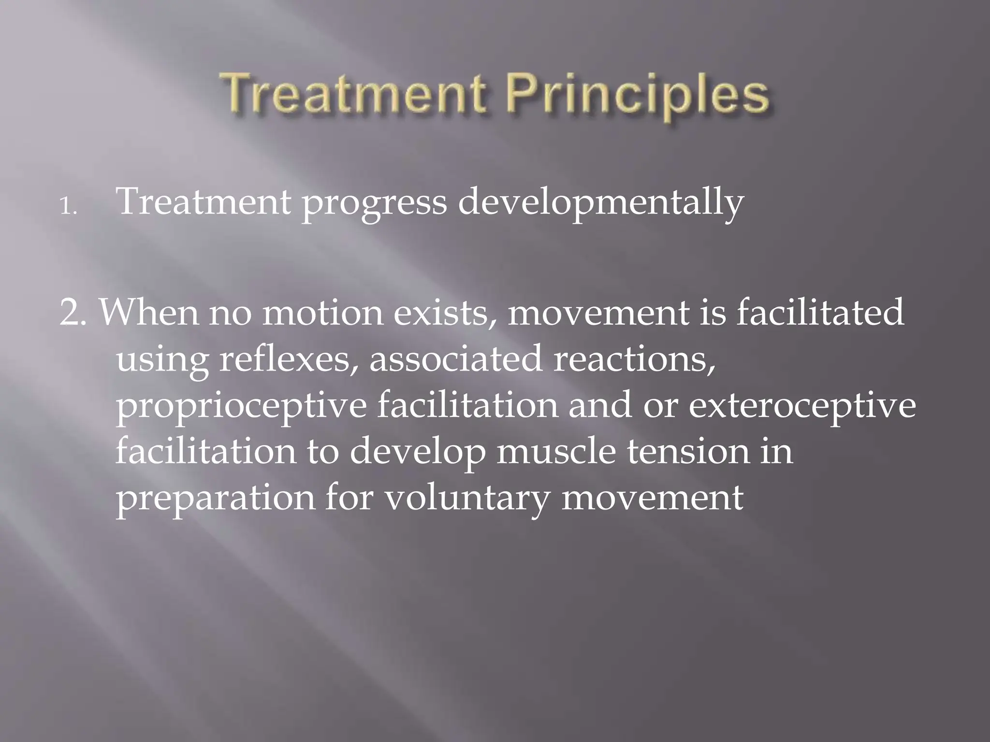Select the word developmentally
(600, 203)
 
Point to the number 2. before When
(73, 313)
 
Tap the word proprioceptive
(241, 407)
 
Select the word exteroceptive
(802, 407)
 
